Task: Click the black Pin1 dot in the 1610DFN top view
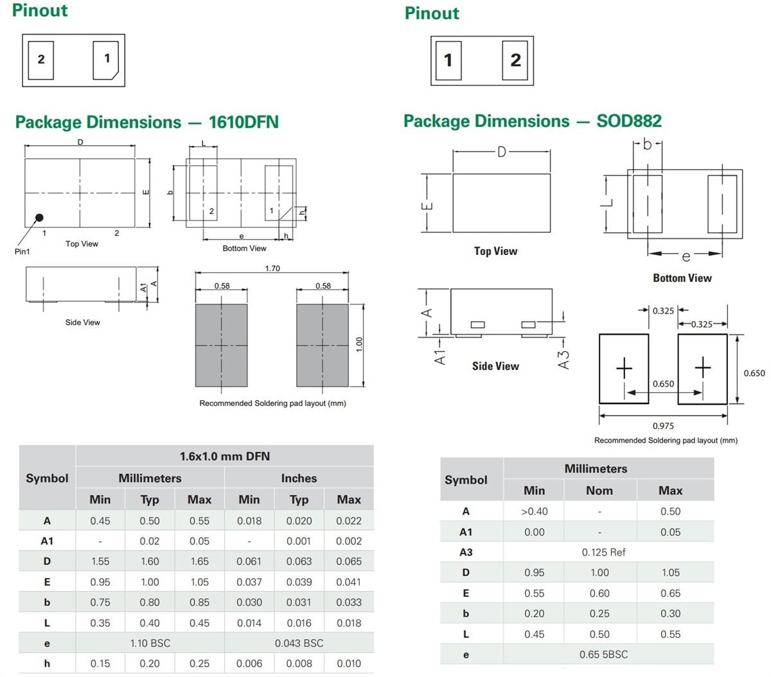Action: click(x=39, y=218)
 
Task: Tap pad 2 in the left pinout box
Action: click(x=41, y=60)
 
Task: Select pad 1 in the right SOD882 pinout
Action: click(x=448, y=60)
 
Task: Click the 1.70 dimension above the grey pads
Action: click(x=272, y=268)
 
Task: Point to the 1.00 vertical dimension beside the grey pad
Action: click(x=360, y=344)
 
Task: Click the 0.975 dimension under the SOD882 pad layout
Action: click(x=663, y=425)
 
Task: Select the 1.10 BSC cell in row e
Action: click(x=150, y=643)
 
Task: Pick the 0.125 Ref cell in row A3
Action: click(x=603, y=552)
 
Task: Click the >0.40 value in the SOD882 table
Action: click(x=534, y=511)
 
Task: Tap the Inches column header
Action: click(x=299, y=478)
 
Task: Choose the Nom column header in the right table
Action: click(x=599, y=490)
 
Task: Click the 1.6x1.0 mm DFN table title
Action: click(x=224, y=456)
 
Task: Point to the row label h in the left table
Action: click(x=47, y=664)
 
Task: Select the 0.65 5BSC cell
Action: click(x=603, y=654)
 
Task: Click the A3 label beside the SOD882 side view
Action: click(x=563, y=359)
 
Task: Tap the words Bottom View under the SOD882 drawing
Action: click(x=682, y=278)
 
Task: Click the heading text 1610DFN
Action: click(x=244, y=122)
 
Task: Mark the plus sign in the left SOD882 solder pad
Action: click(x=624, y=368)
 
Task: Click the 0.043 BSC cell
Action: click(x=299, y=643)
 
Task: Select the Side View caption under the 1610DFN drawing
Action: click(x=82, y=322)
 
